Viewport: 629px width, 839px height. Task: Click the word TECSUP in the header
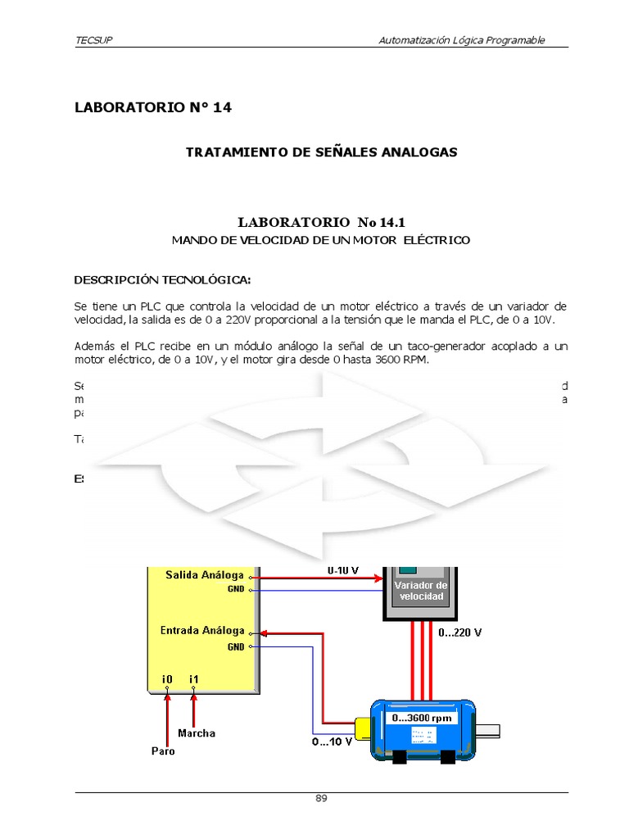93,40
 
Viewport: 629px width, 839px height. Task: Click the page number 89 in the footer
321,800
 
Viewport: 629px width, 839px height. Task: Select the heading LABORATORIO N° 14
153,107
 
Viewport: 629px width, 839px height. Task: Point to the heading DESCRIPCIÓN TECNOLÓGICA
162,280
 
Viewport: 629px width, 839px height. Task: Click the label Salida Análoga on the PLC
204,574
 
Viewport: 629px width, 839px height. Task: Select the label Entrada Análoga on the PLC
201,630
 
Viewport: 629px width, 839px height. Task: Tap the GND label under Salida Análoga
236,589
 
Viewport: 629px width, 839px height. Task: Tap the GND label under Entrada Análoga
236,646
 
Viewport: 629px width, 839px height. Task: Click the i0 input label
167,678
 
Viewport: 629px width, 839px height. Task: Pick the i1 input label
194,678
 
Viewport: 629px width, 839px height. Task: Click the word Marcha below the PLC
197,733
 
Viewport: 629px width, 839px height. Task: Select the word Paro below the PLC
163,751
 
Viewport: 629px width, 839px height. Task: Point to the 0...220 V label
459,633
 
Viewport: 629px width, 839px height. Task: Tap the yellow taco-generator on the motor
362,728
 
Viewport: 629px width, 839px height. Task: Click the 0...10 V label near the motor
332,741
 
